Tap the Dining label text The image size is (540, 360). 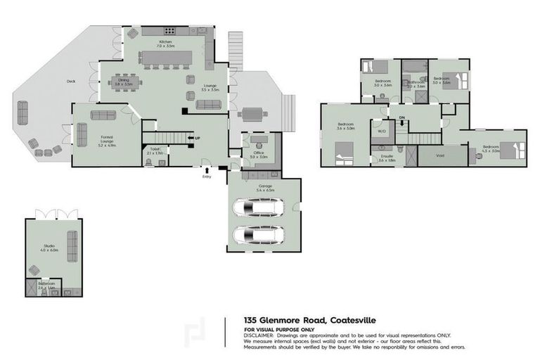(x=123, y=79)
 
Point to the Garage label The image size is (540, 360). (x=264, y=186)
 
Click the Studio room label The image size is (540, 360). (x=48, y=246)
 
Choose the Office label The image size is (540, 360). (x=259, y=152)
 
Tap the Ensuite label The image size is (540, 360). (x=387, y=155)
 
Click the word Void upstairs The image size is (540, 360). (x=440, y=155)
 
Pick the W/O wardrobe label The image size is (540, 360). (x=382, y=131)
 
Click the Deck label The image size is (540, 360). (x=71, y=82)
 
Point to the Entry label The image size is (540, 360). (x=206, y=176)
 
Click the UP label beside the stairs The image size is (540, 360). (x=198, y=138)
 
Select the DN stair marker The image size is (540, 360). (x=402, y=117)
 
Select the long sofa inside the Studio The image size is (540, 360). (x=72, y=245)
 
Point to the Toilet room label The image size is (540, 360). (x=155, y=150)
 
